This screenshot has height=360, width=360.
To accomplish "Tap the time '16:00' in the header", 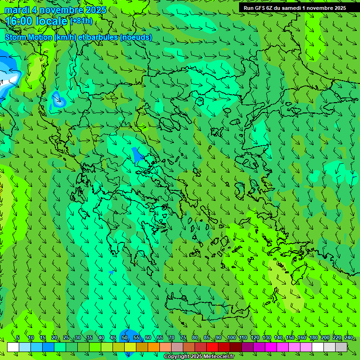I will (x=18, y=21).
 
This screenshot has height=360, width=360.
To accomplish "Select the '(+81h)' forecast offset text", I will (x=81, y=21).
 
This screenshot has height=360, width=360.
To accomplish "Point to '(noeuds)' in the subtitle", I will (x=135, y=37).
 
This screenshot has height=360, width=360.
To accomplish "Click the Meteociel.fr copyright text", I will (x=199, y=357).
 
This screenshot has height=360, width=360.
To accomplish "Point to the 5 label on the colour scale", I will (x=18, y=338).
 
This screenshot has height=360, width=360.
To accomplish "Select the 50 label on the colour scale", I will (x=124, y=338).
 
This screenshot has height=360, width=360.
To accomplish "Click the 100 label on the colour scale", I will (x=232, y=338).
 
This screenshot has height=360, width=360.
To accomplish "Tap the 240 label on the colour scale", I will (x=349, y=338).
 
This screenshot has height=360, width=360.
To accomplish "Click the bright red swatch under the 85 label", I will (x=212, y=347).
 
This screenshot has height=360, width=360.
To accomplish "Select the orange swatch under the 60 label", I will (x=154, y=347).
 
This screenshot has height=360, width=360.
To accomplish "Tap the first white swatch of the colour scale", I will (x=13, y=347).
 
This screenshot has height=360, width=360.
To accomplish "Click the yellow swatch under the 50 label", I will (x=130, y=347).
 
